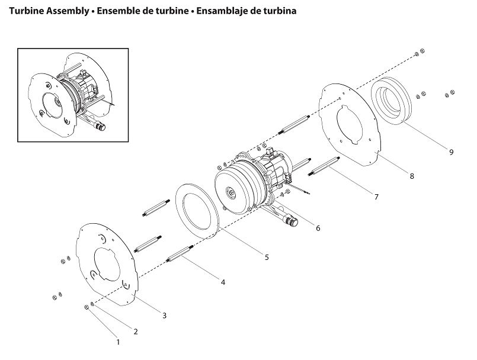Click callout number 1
pyautogui.click(x=117, y=342)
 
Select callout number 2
pyautogui.click(x=136, y=332)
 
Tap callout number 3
pyautogui.click(x=165, y=315)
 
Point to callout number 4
pyautogui.click(x=223, y=282)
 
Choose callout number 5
pyautogui.click(x=267, y=257)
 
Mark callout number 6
pyautogui.click(x=318, y=228)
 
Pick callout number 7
pyautogui.click(x=376, y=197)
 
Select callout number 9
pyautogui.click(x=451, y=152)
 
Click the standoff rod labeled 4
pyautogui.click(x=179, y=256)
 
